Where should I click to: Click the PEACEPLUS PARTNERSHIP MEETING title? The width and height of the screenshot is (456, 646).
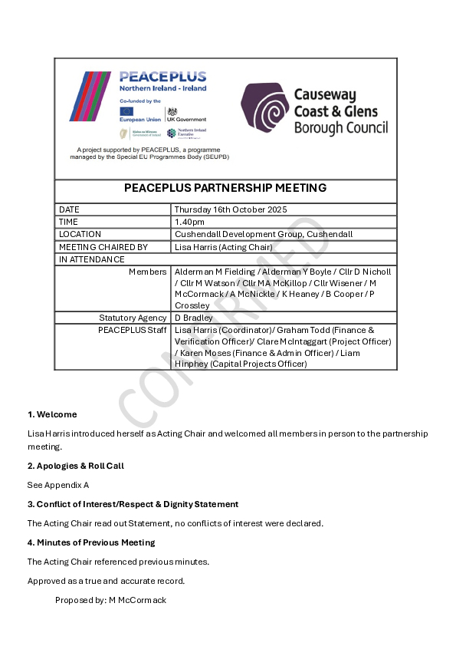pyautogui.click(x=225, y=188)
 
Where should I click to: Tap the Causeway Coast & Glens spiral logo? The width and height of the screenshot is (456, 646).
pyautogui.click(x=264, y=108)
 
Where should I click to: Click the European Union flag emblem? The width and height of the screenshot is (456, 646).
pyautogui.click(x=126, y=110)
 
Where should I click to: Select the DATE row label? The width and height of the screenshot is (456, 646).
pyautogui.click(x=69, y=209)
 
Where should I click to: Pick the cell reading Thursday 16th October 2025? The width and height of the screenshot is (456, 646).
pyautogui.click(x=231, y=209)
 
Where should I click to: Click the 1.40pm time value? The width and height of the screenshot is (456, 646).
pyautogui.click(x=189, y=222)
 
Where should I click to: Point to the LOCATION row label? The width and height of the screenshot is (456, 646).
pyautogui.click(x=80, y=234)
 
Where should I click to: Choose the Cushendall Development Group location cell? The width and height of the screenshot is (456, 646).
pyautogui.click(x=263, y=234)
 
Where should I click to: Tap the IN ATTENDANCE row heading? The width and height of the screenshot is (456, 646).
pyautogui.click(x=91, y=259)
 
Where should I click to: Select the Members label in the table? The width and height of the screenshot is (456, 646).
pyautogui.click(x=147, y=272)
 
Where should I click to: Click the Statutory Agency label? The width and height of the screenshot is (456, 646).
pyautogui.click(x=133, y=318)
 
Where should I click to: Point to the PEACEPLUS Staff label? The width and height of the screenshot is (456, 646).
pyautogui.click(x=133, y=330)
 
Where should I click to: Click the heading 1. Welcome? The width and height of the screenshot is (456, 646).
pyautogui.click(x=52, y=414)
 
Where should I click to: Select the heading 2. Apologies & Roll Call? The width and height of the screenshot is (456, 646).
pyautogui.click(x=75, y=466)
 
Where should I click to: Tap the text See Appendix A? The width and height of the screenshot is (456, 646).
pyautogui.click(x=58, y=485)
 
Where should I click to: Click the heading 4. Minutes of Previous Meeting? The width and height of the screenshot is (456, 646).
pyautogui.click(x=91, y=542)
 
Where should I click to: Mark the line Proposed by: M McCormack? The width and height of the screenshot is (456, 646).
pyautogui.click(x=110, y=600)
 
